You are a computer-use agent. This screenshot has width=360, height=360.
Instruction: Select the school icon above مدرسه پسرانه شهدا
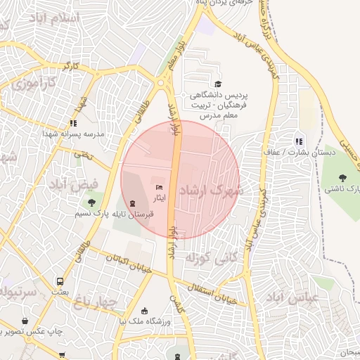point(74,123)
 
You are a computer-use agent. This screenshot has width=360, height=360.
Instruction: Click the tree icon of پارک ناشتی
point(343,179)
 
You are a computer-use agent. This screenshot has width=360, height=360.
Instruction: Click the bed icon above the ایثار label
point(159,187)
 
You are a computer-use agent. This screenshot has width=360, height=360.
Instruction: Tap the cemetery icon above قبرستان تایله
point(133,203)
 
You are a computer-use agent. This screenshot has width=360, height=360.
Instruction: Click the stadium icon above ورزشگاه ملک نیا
point(145,311)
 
